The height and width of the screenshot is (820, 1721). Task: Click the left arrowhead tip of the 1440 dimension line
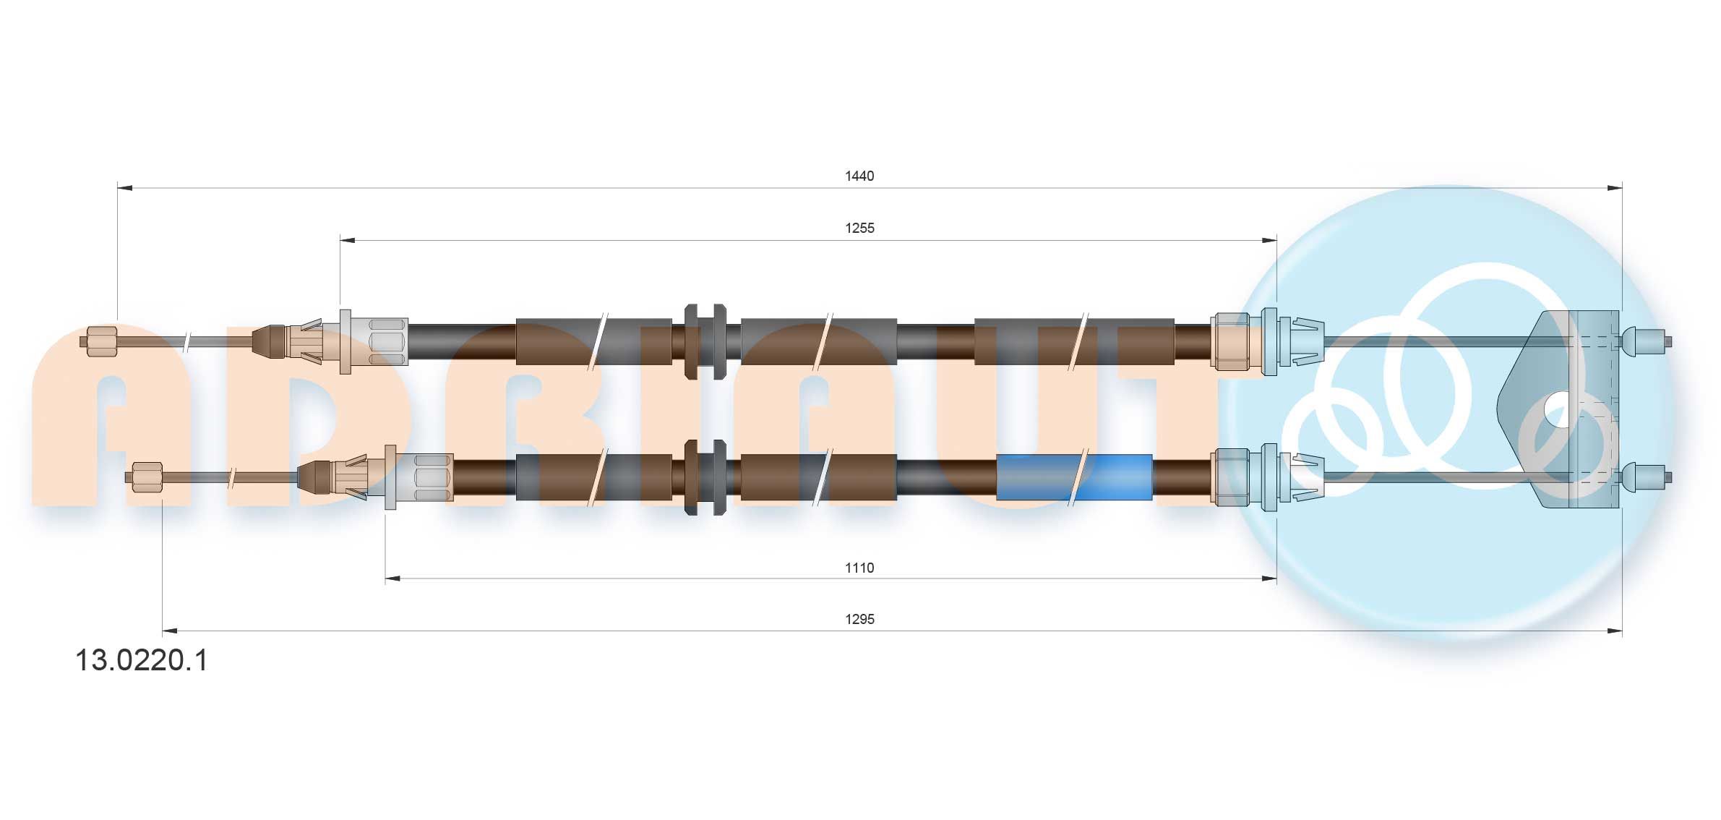click(118, 188)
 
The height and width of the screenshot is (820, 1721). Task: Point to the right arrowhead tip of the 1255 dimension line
click(1276, 240)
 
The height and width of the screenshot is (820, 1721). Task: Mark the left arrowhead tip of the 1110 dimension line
click(385, 578)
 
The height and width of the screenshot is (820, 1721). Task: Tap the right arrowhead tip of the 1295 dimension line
click(1622, 631)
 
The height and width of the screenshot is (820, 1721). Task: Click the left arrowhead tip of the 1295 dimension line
click(163, 631)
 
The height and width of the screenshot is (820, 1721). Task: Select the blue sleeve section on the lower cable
click(1074, 477)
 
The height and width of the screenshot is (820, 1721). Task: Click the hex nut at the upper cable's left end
click(102, 341)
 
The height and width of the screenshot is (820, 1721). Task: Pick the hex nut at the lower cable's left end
click(147, 477)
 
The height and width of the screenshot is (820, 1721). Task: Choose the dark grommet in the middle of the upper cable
click(705, 341)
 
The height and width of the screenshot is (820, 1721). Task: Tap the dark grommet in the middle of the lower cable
click(705, 477)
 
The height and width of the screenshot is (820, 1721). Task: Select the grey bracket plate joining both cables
click(1558, 409)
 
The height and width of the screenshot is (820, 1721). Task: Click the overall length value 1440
click(859, 176)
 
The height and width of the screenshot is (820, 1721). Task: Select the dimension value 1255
click(859, 228)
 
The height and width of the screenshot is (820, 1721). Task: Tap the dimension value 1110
click(859, 568)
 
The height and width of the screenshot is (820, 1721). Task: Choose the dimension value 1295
click(859, 619)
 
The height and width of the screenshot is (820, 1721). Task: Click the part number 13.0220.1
click(142, 660)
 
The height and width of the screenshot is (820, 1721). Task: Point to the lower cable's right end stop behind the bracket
click(1646, 477)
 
